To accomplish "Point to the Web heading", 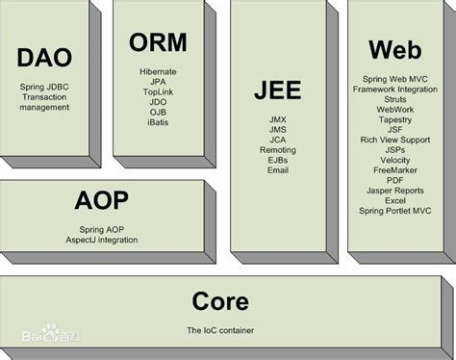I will pos(393,47).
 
